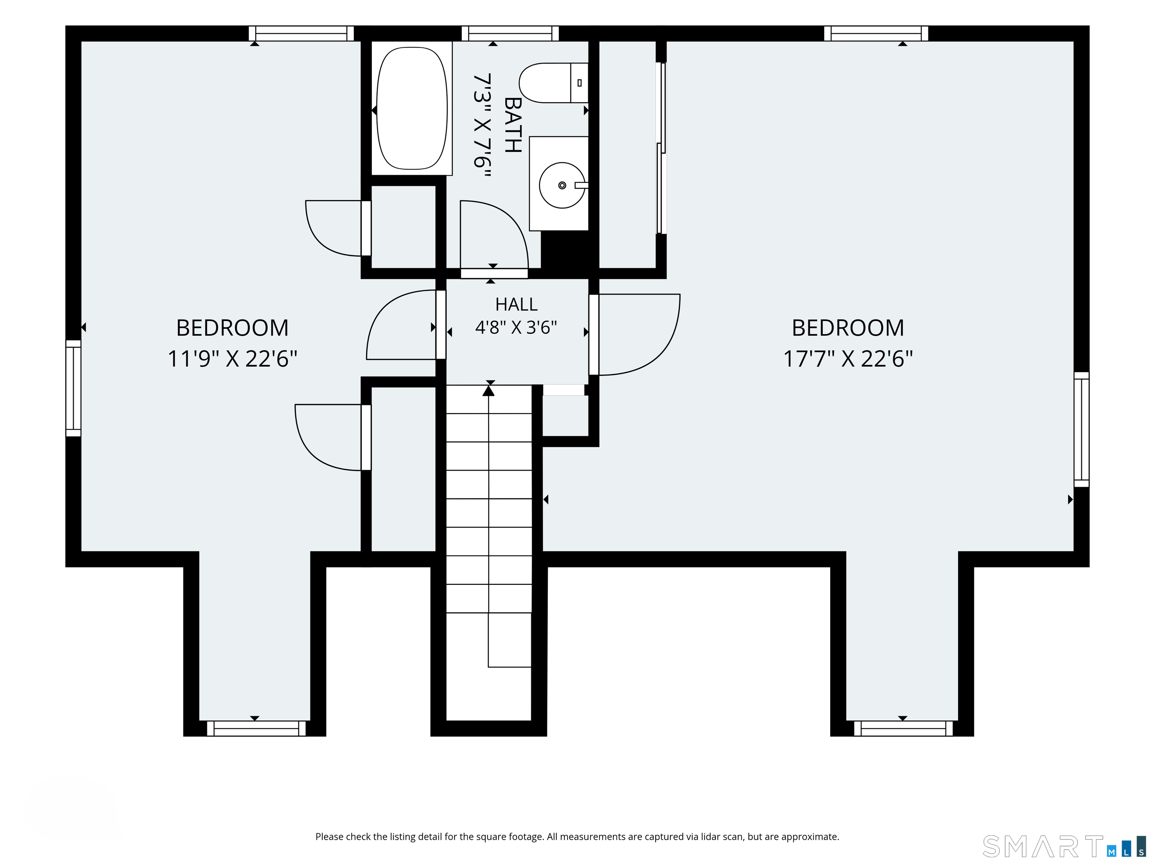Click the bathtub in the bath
click(x=412, y=109)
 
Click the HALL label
click(x=517, y=304)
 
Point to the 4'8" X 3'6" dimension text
click(x=517, y=327)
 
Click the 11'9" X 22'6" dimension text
click(x=232, y=359)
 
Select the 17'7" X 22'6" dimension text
click(x=848, y=359)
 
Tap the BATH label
click(x=513, y=125)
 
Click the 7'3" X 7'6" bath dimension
click(x=482, y=126)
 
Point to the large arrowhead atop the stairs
click(x=489, y=389)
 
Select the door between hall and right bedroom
click(x=634, y=335)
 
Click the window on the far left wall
click(x=73, y=388)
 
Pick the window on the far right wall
click(x=1081, y=430)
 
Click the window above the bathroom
click(x=510, y=33)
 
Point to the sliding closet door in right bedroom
click(x=662, y=148)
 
